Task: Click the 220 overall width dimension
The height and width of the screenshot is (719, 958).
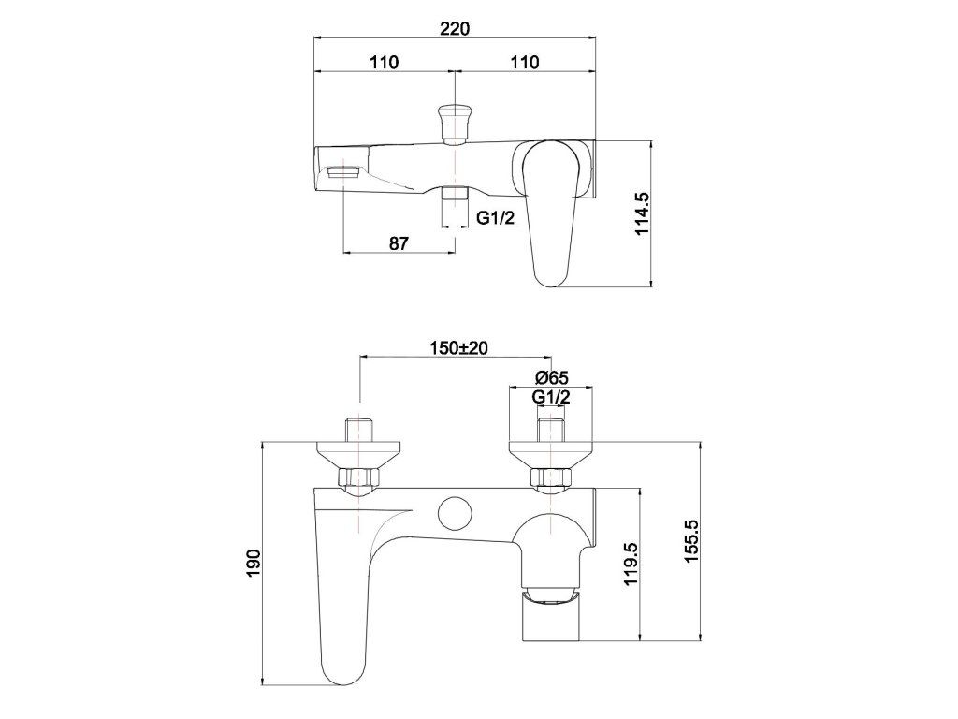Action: [455, 28]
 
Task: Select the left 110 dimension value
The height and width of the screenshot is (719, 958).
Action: [385, 63]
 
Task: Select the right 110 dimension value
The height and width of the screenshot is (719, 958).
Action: [525, 63]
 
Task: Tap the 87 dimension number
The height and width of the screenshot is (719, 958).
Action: [399, 243]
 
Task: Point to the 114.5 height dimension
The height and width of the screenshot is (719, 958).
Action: [642, 213]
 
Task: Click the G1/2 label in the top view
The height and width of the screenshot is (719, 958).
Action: [496, 217]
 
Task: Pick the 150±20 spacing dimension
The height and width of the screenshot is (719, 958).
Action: [458, 348]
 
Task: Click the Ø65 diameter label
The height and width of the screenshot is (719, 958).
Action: [551, 378]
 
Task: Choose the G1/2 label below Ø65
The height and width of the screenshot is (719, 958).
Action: [551, 397]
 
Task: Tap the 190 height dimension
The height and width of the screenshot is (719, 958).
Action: [254, 563]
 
